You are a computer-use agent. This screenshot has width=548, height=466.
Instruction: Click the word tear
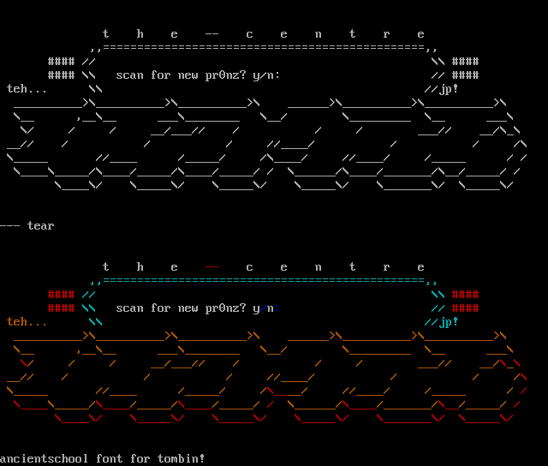point(41,226)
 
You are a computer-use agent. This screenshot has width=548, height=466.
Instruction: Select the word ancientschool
point(45,459)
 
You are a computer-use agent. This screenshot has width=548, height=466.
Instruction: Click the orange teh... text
point(27,322)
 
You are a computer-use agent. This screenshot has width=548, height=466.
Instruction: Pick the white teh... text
point(27,89)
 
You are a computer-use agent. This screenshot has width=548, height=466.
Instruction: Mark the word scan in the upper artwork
point(130,75)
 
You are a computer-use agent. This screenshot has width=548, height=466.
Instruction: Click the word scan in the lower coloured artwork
point(130,308)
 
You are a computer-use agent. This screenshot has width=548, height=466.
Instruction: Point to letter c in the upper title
point(250,34)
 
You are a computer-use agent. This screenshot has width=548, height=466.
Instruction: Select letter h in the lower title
point(140,267)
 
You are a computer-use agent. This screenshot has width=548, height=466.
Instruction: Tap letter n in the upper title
point(319,34)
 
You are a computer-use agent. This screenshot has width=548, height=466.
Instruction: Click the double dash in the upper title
point(212,34)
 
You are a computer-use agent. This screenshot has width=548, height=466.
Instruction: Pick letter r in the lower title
point(387,267)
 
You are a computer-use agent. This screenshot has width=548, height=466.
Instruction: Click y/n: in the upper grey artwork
point(267,75)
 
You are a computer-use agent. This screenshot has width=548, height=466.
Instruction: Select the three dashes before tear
point(10,226)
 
